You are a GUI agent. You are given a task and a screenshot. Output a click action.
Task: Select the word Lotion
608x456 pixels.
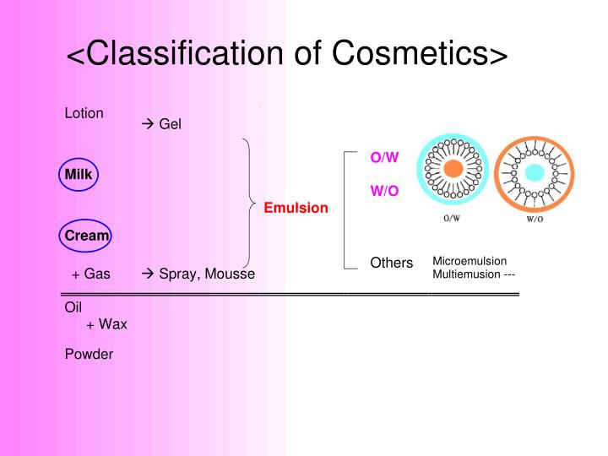pos(84,113)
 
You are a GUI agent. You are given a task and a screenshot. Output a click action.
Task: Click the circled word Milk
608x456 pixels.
pos(79,175)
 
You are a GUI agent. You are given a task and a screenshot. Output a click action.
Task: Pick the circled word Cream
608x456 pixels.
pos(87,236)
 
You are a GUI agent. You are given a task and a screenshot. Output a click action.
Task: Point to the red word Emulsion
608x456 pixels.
pos(296,208)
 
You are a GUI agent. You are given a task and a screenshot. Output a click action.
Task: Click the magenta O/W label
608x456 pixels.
pos(384,158)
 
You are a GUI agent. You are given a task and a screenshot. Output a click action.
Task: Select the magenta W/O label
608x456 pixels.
pos(384,192)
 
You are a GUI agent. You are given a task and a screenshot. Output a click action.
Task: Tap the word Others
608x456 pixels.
pos(392,263)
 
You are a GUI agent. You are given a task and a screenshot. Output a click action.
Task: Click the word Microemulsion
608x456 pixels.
pos(470,261)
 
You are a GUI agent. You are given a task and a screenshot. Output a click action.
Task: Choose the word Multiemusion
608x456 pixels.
pos(465,274)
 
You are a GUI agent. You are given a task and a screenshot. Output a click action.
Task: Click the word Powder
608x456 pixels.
pos(89,354)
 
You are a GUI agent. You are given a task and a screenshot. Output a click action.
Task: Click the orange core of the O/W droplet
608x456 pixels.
pos(453,169)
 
